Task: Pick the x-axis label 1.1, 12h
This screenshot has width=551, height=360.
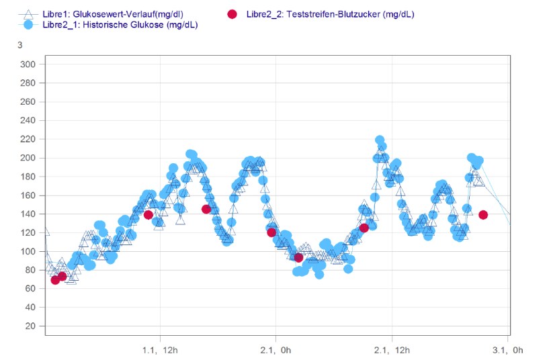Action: (160, 349)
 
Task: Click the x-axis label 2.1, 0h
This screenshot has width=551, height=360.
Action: (275, 349)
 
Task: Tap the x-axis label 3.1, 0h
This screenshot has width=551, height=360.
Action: (508, 349)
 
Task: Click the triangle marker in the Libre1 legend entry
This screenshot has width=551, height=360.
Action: (28, 14)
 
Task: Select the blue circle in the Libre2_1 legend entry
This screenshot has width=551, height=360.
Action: (28, 25)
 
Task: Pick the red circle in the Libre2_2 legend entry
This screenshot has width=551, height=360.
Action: (232, 14)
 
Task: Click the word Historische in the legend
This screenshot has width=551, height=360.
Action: (103, 25)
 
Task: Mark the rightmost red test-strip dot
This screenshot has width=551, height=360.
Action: (483, 215)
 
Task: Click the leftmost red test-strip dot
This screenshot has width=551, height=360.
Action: (55, 280)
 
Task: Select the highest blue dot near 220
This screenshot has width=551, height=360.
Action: (380, 140)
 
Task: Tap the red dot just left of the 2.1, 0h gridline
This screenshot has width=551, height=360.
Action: (271, 232)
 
